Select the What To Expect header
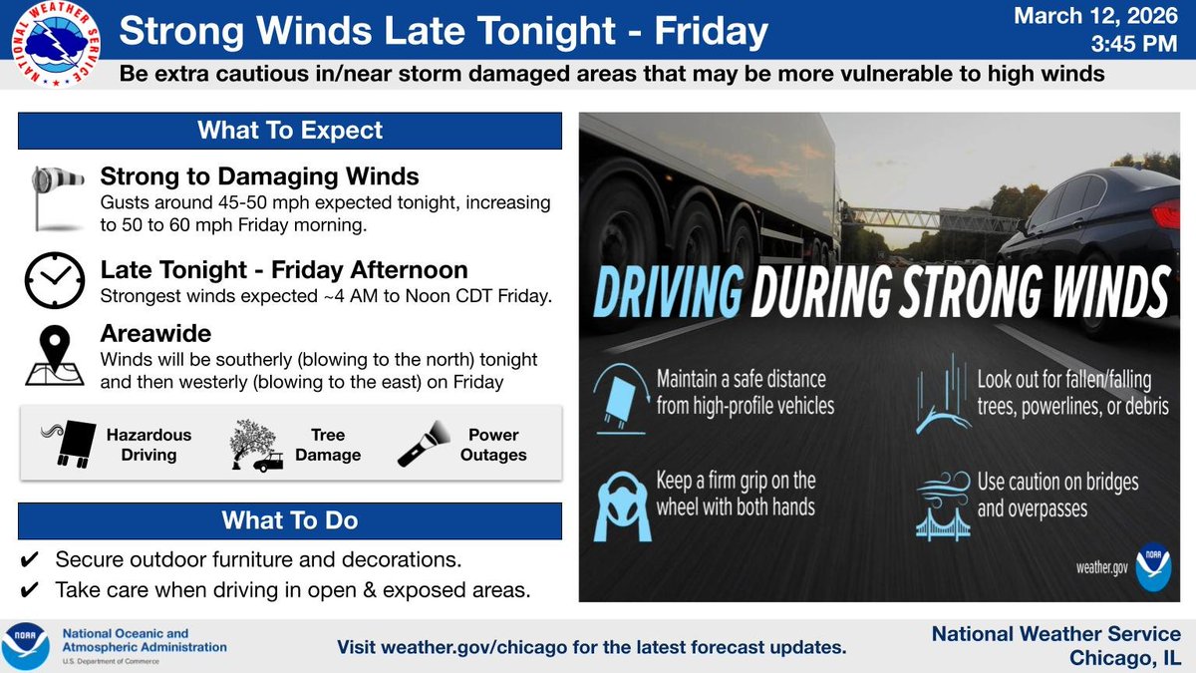point(290,131)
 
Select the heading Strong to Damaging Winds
point(259,178)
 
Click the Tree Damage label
point(328,445)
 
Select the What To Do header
point(290,520)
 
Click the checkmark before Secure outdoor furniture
point(29,559)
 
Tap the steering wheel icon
point(623,504)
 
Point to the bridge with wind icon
point(943,505)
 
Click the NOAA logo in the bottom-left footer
point(25,644)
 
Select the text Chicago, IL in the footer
point(1124,657)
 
